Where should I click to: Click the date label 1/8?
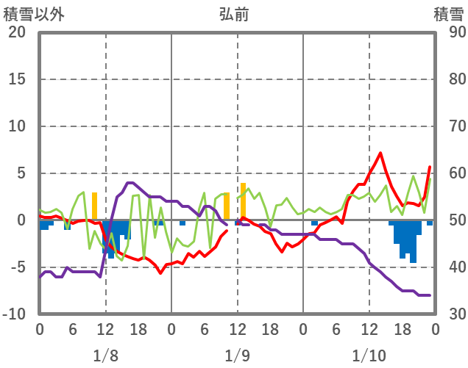(105, 356)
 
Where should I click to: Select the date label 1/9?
(237, 356)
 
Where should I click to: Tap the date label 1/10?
(369, 356)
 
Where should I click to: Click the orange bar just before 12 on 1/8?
(95, 206)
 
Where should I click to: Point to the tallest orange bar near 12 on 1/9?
(243, 201)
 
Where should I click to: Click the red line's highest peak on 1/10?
(380, 154)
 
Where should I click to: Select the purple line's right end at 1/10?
(429, 295)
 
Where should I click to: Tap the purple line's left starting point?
(40, 277)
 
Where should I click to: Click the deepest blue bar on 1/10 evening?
(414, 242)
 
